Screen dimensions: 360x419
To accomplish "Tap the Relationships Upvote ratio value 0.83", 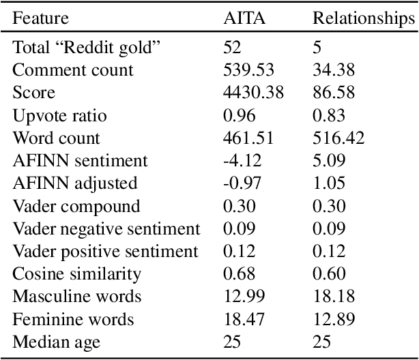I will click(x=326, y=115).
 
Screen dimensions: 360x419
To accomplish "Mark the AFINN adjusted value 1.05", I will click(x=326, y=183).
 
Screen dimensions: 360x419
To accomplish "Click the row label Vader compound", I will click(x=76, y=206).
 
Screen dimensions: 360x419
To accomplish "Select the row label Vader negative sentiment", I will click(x=106, y=228).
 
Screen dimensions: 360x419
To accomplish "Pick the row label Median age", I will click(x=57, y=341).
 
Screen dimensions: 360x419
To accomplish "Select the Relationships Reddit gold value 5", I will click(x=317, y=48).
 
